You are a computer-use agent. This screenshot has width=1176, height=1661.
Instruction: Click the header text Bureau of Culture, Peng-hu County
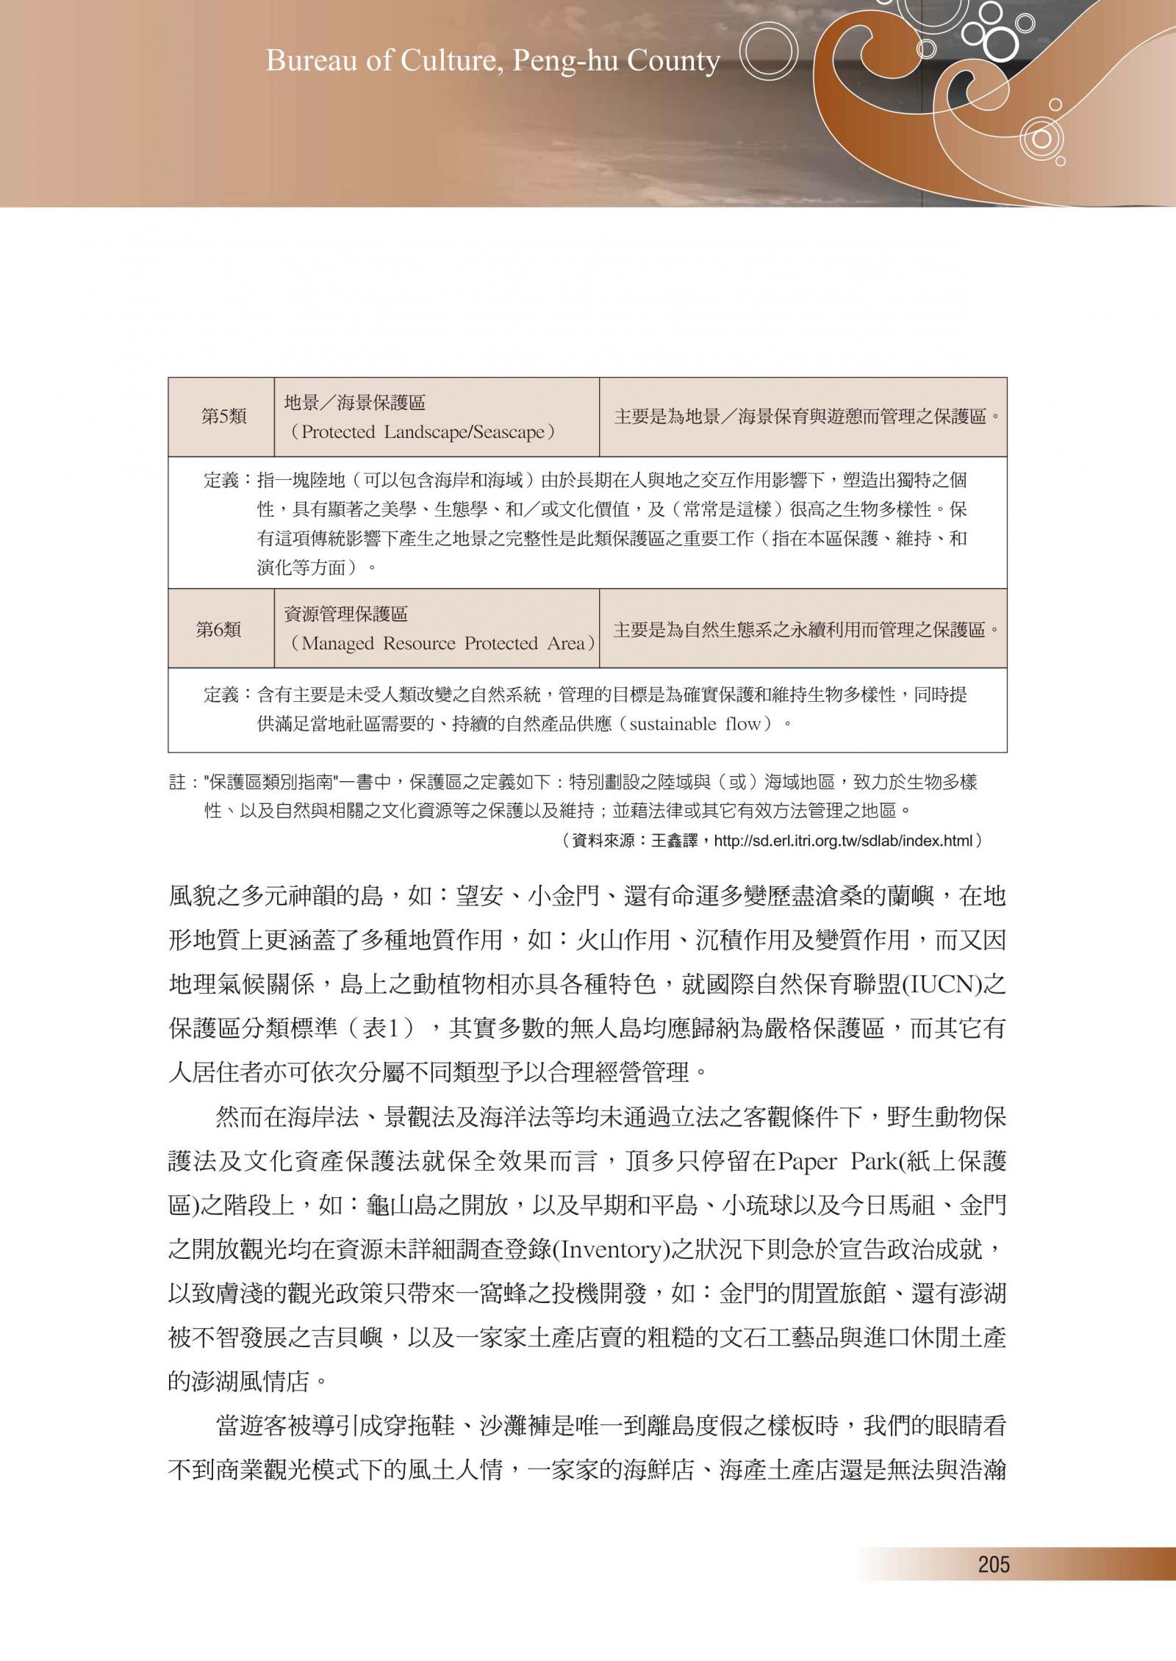pyautogui.click(x=492, y=61)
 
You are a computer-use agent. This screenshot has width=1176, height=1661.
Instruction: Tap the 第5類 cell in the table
pyautogui.click(x=223, y=417)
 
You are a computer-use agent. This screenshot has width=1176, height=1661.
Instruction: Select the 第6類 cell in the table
pyautogui.click(x=218, y=629)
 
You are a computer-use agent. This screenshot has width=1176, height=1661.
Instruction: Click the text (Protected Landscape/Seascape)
pyautogui.click(x=420, y=432)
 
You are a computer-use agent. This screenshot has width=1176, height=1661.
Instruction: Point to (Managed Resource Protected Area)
pyautogui.click(x=440, y=644)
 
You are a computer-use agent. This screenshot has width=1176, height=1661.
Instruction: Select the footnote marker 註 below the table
pyautogui.click(x=177, y=783)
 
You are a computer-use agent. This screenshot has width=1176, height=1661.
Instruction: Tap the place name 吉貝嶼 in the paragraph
pyautogui.click(x=345, y=1338)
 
